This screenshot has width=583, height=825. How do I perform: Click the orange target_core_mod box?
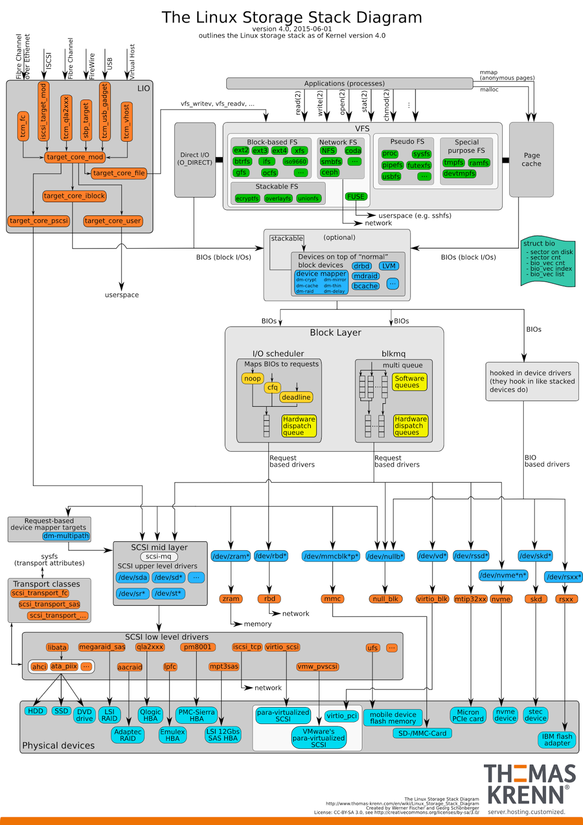[75, 157]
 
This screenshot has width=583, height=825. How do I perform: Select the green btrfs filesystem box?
[242, 161]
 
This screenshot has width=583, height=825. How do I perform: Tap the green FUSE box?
[356, 196]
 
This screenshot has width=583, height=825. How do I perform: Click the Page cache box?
[531, 159]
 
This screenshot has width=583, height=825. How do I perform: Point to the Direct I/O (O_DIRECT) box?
[195, 159]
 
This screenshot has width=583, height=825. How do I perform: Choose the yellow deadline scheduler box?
[296, 397]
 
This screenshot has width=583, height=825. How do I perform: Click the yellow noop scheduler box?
[253, 378]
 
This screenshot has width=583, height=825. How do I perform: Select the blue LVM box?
[389, 266]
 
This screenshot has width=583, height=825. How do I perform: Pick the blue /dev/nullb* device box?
[385, 556]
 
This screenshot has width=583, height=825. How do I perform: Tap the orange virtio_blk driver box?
[432, 599]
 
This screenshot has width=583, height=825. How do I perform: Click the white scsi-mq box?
[159, 556]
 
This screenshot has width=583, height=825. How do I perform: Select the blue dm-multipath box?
[66, 536]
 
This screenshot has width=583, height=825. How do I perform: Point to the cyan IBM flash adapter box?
[557, 739]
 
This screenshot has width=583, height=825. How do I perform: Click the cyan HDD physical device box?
[36, 711]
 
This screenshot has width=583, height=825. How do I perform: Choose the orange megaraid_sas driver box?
[102, 647]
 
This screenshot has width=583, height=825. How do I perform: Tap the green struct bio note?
[548, 262]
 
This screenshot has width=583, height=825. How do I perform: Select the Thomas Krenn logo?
[529, 784]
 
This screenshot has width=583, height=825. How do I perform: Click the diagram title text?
[292, 18]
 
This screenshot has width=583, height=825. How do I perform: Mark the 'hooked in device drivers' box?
[532, 381]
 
